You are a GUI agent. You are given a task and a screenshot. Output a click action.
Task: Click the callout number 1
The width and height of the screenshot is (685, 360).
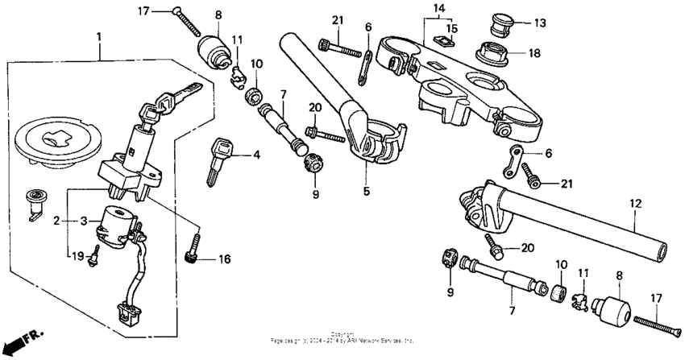point(99,37)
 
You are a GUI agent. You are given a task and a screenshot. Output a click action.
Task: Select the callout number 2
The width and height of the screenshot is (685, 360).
point(58,220)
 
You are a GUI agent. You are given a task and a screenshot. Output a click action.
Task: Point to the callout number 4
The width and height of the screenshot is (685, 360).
point(257,155)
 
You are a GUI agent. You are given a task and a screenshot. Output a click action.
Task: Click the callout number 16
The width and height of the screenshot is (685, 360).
point(224,259)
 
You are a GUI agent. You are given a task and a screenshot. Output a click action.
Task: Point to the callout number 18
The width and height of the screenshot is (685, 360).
point(536,53)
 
